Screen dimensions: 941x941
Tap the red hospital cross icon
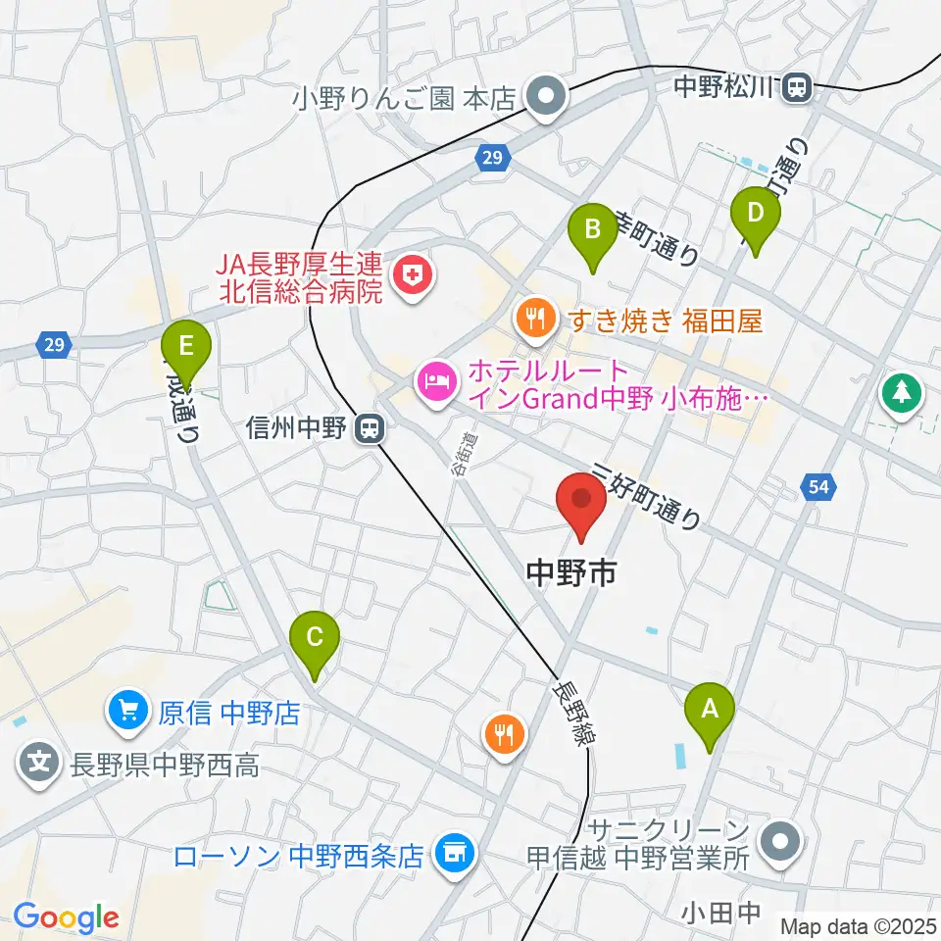pos(411,277)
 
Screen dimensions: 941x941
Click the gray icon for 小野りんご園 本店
pos(542,97)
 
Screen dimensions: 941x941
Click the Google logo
pos(66,917)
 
